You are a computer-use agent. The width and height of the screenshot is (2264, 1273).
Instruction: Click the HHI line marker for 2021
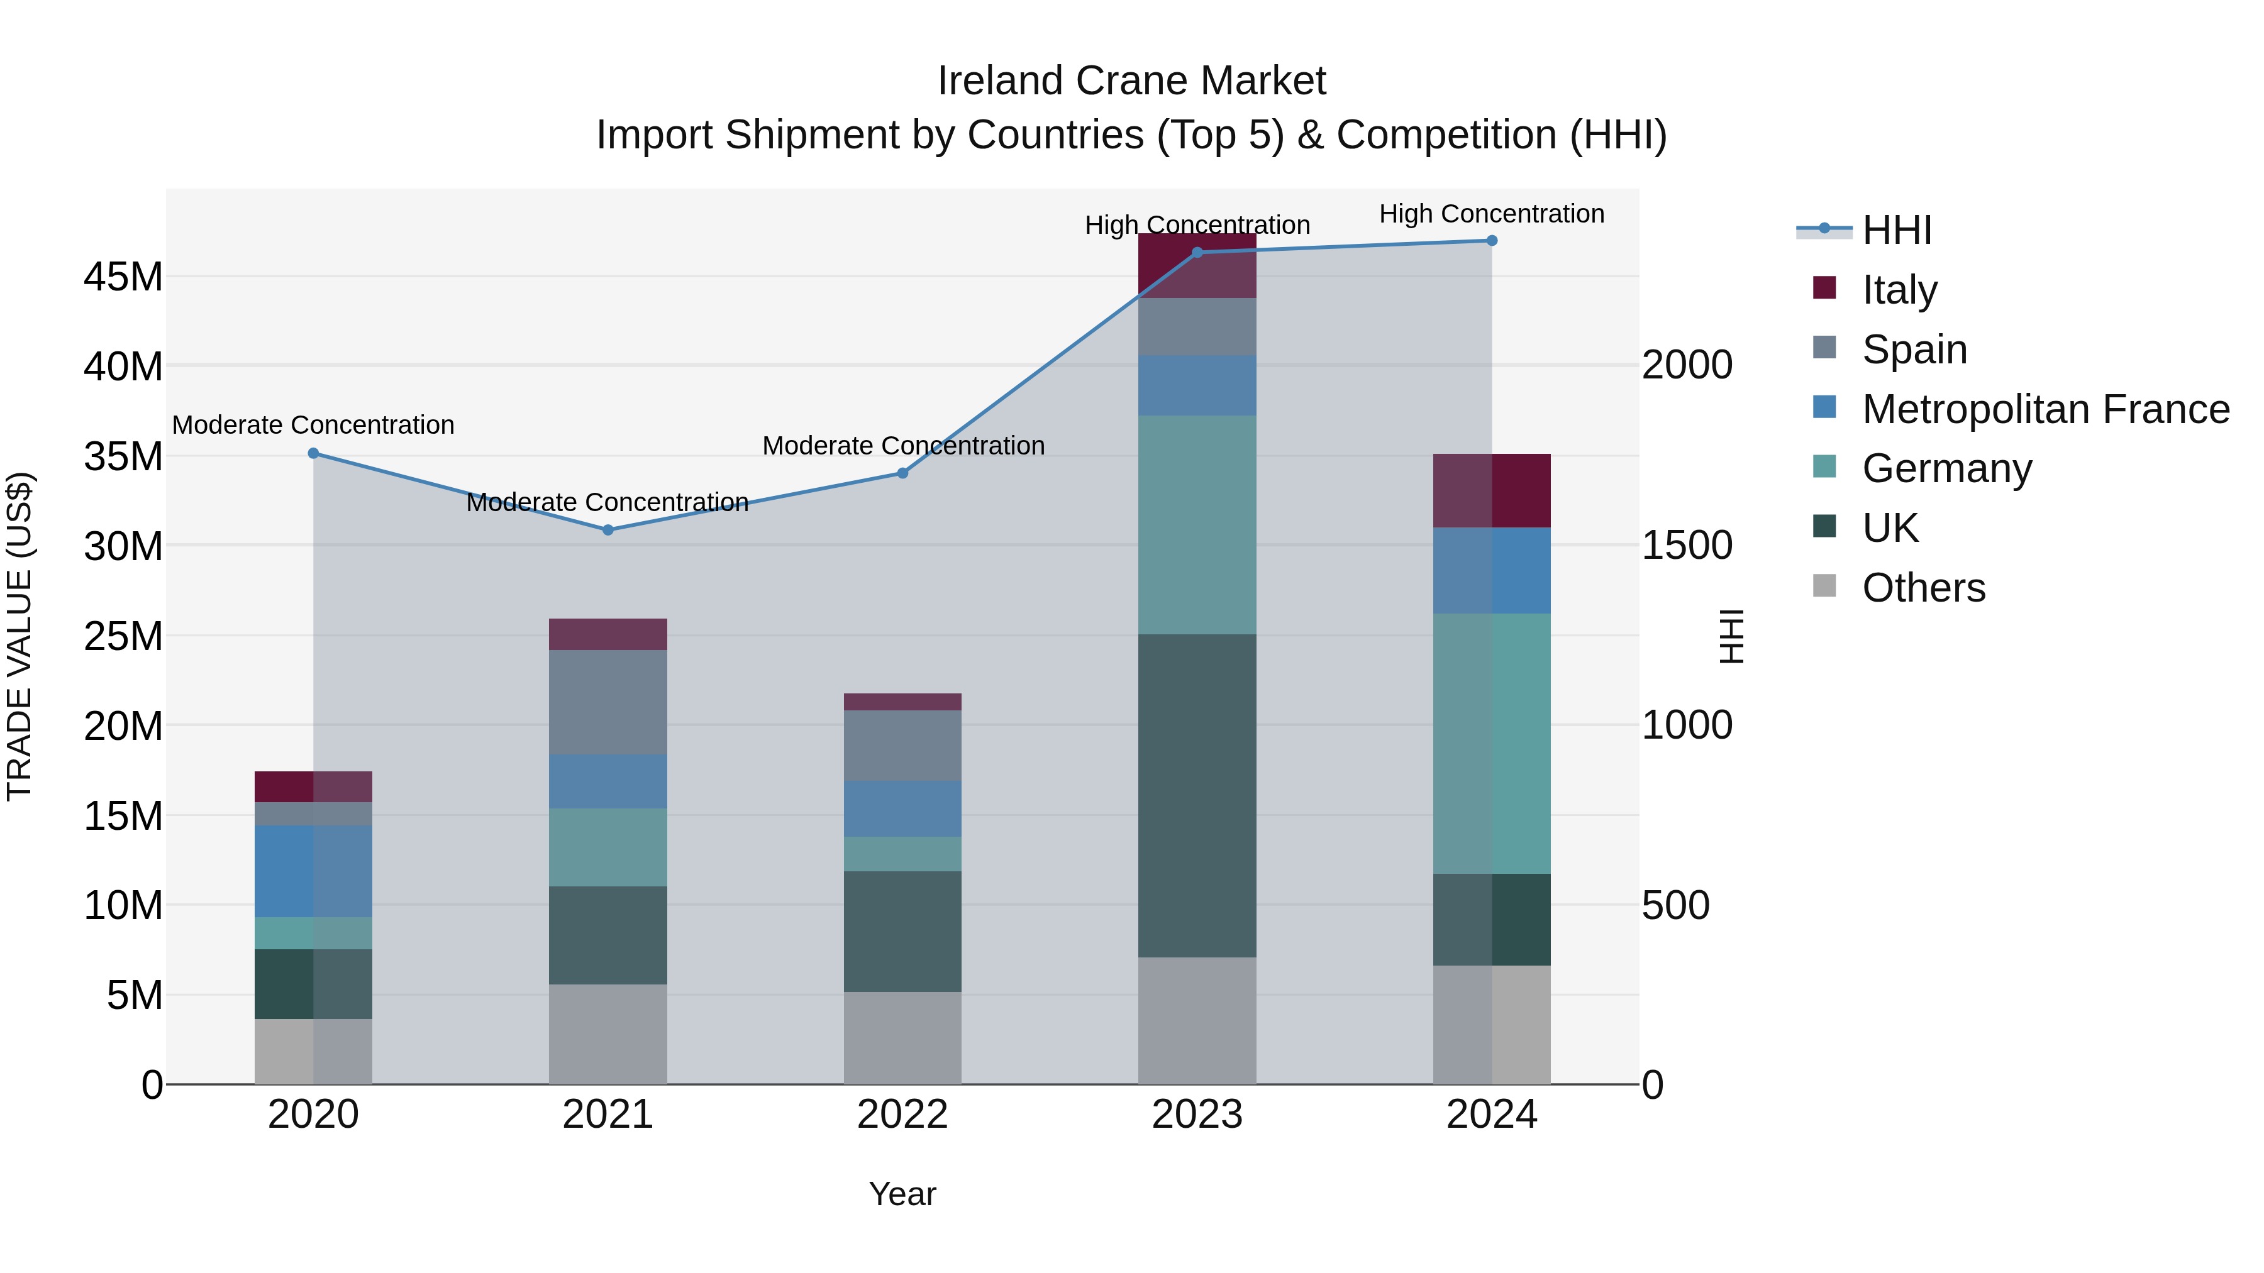tap(608, 530)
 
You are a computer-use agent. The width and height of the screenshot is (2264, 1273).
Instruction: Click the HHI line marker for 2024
tap(1492, 241)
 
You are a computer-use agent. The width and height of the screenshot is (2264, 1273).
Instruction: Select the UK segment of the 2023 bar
tap(1196, 795)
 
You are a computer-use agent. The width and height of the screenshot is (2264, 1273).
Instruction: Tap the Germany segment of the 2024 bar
tap(1492, 743)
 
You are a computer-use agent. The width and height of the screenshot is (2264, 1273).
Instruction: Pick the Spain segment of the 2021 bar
tap(608, 702)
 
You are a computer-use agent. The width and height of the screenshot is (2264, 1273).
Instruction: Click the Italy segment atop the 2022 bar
tap(902, 702)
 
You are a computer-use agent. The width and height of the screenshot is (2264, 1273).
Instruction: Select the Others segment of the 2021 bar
tap(608, 1034)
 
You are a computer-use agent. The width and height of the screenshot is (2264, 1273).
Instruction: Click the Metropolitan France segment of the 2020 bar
tap(313, 871)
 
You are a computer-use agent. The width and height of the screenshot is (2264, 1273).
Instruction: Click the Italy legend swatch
tap(1824, 288)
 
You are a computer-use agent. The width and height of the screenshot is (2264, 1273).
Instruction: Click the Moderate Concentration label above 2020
tap(313, 425)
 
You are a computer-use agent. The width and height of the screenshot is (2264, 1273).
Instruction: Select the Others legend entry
tap(1923, 588)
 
